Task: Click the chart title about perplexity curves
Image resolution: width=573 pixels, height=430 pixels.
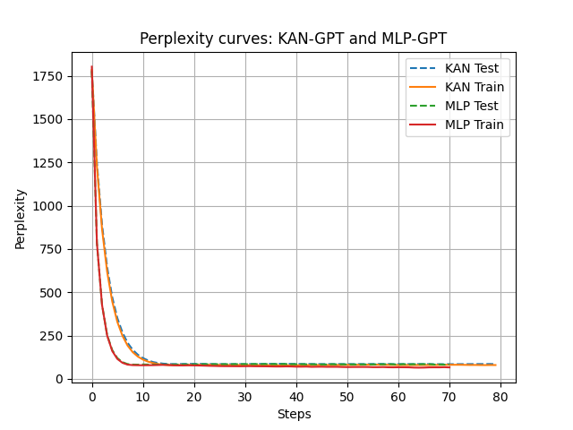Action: (293, 39)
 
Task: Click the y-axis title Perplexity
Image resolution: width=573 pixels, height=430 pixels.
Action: (21, 219)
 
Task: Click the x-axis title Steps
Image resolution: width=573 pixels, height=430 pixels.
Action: (293, 414)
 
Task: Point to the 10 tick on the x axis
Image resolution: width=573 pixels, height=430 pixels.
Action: (143, 397)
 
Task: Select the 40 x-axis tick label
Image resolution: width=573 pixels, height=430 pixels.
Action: (296, 397)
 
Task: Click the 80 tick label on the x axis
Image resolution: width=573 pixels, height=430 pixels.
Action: (500, 397)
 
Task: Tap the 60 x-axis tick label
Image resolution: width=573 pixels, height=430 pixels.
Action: (398, 397)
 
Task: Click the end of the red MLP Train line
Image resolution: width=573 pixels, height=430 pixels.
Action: (449, 367)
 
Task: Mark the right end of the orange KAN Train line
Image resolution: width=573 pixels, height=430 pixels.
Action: (495, 365)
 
